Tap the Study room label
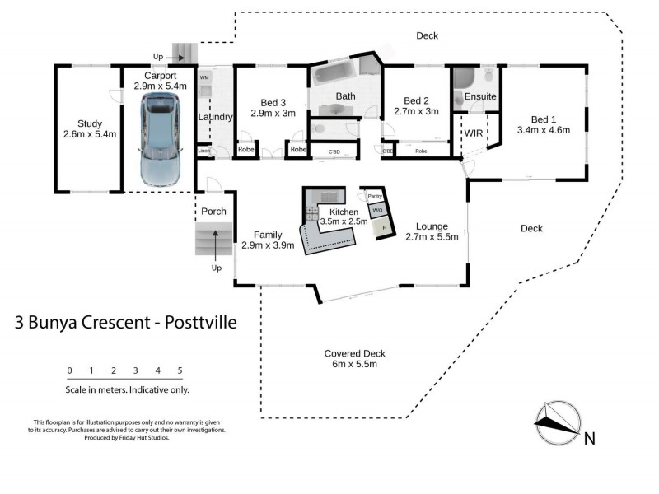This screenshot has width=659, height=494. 84,124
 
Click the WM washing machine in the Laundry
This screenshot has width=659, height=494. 204,77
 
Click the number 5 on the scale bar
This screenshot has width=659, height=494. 180,370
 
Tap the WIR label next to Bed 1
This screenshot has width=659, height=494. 474,133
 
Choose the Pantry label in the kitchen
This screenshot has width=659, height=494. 374,197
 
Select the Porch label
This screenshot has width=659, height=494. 214,212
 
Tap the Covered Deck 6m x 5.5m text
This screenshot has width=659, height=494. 354,359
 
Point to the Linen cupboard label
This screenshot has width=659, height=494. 203,151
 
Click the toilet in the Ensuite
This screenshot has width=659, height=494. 489,77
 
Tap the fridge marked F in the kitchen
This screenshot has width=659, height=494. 383,227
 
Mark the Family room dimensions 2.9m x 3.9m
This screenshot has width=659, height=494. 268,245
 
